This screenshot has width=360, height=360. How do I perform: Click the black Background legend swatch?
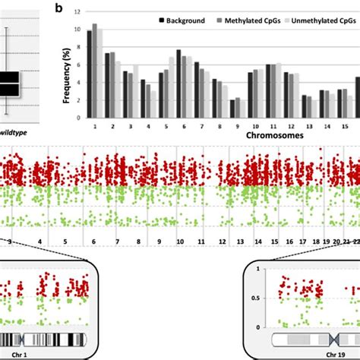tap(163, 21)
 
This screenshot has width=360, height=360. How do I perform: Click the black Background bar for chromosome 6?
tap(178, 84)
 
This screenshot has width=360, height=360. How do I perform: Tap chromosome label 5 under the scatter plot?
tap(65, 242)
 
